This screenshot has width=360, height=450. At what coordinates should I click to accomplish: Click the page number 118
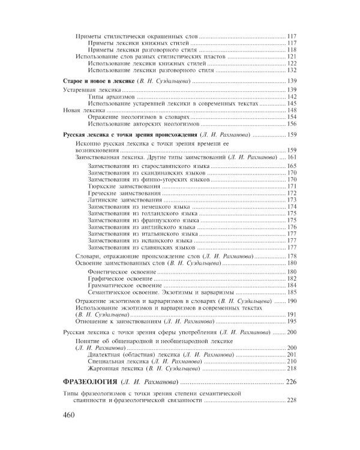pos(292,49)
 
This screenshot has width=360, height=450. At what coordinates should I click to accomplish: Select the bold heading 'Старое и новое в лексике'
pos(99,80)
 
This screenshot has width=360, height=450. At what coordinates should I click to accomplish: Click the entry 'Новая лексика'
pos(84,110)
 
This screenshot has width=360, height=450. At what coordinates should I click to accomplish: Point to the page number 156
pos(292,124)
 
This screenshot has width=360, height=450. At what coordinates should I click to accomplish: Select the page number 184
pos(292,285)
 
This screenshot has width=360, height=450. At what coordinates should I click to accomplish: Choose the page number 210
pos(292,361)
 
